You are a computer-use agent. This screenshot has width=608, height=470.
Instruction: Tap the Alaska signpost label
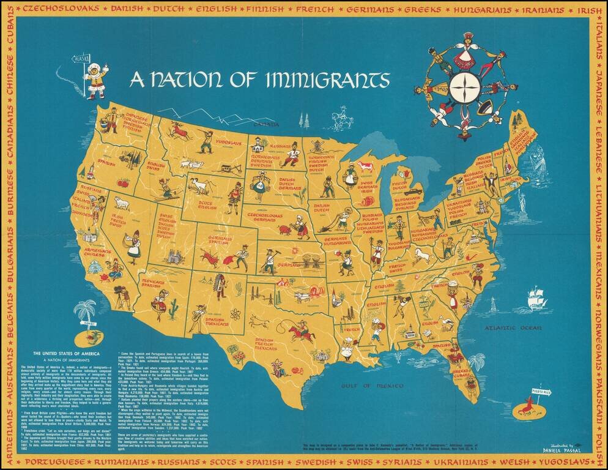80,59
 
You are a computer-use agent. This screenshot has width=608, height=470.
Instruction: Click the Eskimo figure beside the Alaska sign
94,79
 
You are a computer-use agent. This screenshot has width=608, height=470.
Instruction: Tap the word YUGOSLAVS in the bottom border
565,460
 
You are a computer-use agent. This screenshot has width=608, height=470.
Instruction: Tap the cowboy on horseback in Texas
300,333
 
